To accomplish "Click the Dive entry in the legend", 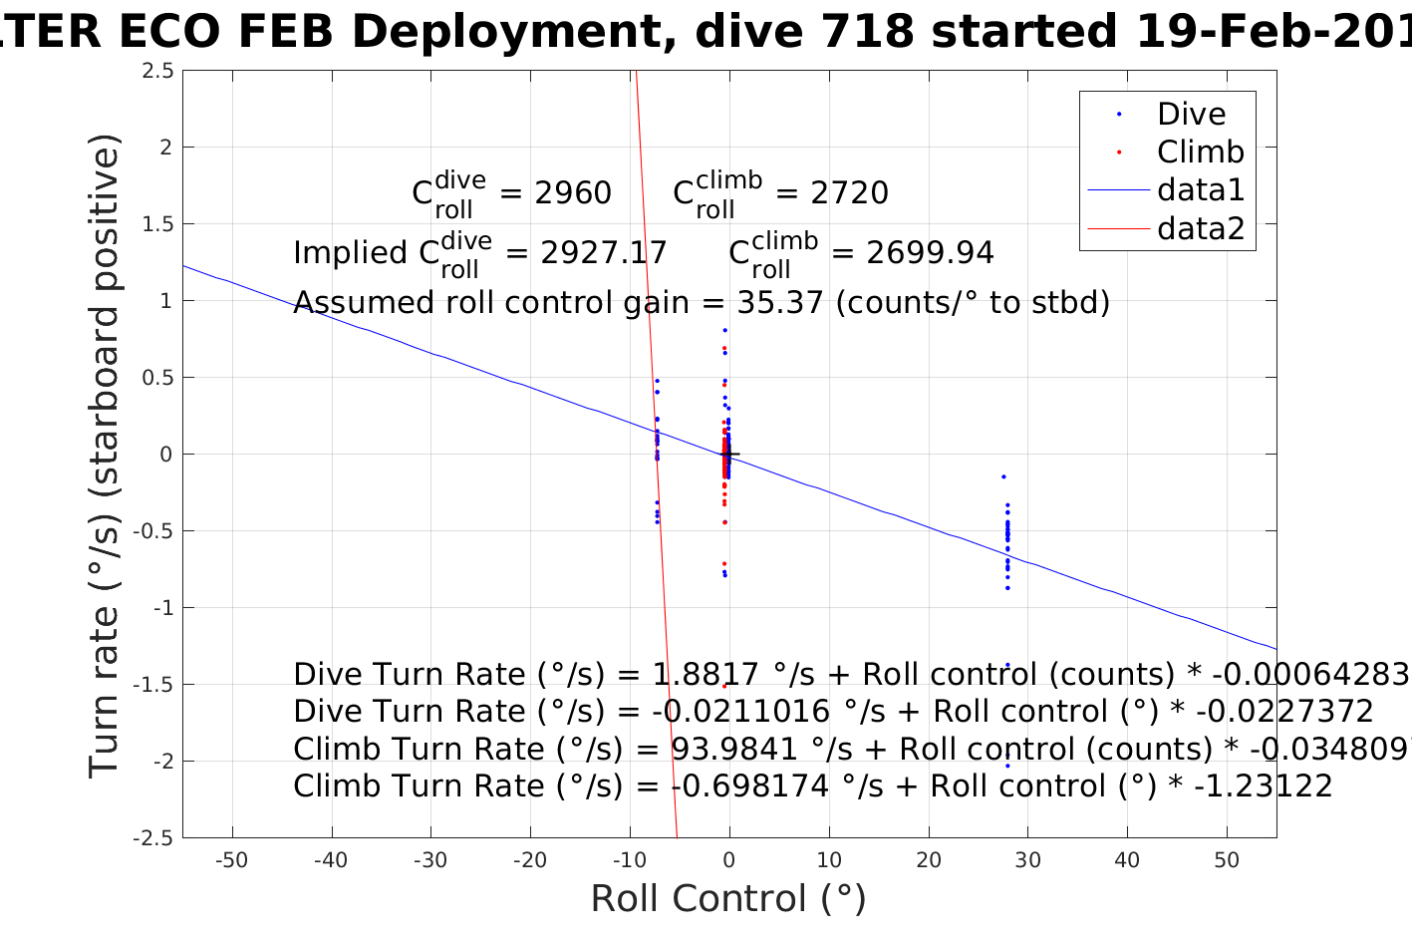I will coord(1191,115).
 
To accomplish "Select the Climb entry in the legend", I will coord(1200,153).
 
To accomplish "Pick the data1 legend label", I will coord(1201,190).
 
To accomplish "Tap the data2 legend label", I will coord(1201,229).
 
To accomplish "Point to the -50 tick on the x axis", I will coord(231,861).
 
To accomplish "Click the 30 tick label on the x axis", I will coord(1027,861).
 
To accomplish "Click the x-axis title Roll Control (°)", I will coord(728,899).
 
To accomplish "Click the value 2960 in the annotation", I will coord(573,193).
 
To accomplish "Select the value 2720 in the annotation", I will coord(849,193).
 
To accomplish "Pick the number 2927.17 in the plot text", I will coord(604,253).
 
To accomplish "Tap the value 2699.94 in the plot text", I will coord(930,253).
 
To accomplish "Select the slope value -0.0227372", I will coord(1284,712).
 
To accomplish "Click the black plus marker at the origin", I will coord(729,455).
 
